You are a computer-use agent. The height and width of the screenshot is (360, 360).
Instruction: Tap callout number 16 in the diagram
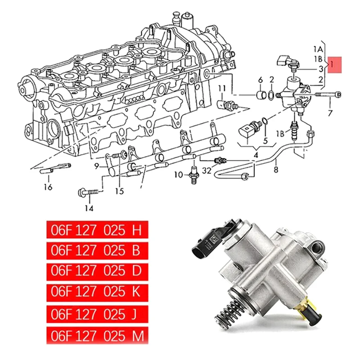48,187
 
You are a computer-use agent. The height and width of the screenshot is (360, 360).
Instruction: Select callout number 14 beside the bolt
89,208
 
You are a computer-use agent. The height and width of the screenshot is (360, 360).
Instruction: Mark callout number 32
207,171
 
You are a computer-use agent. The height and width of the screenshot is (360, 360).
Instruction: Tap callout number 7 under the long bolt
330,113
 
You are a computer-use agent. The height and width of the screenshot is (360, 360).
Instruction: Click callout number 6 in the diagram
260,80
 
